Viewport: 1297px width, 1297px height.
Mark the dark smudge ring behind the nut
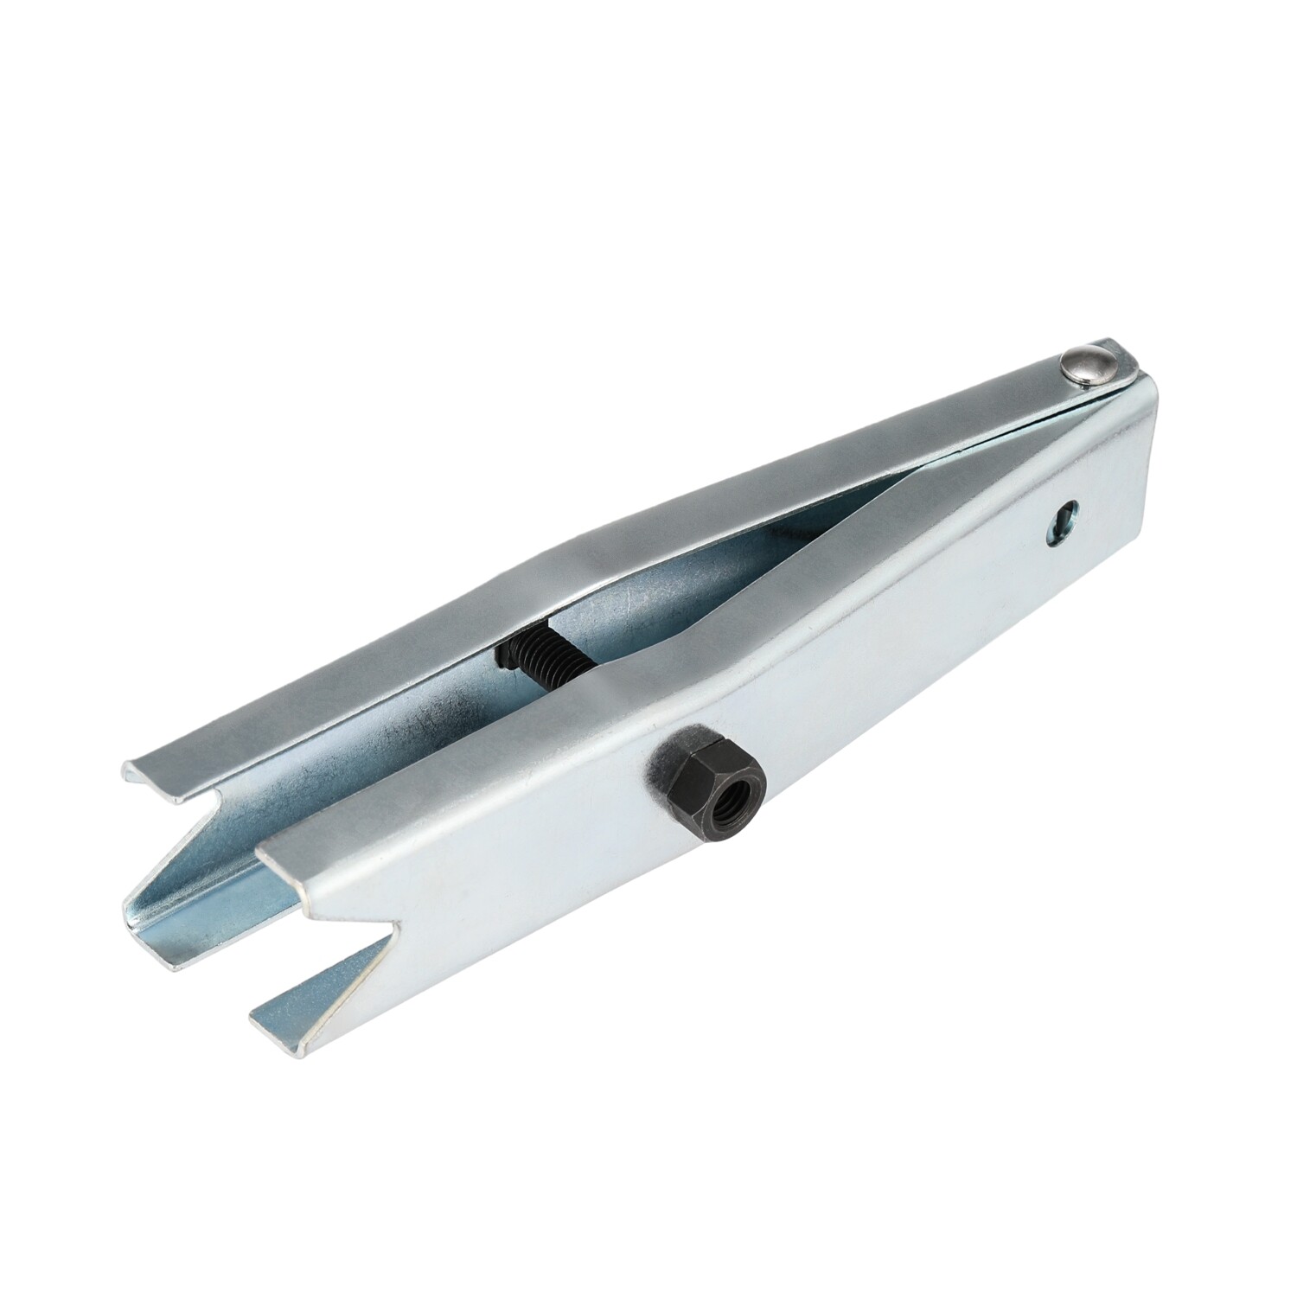[x=670, y=761]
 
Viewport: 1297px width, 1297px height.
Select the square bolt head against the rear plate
[x=503, y=655]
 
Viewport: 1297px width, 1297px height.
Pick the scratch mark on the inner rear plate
[x=432, y=718]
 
